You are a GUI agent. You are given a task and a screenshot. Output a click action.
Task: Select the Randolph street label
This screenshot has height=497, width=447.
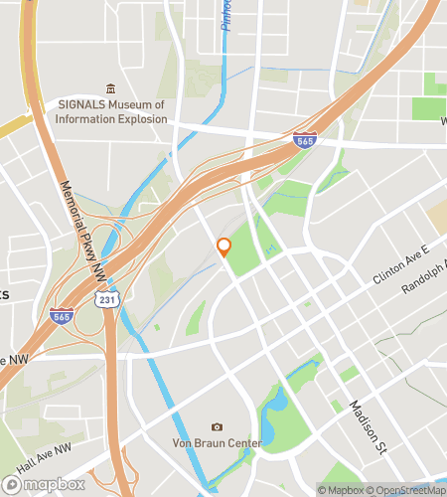(423, 281)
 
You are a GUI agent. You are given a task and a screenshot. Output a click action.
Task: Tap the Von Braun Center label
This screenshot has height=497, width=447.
(219, 442)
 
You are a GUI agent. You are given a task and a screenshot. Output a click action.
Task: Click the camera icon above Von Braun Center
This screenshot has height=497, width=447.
(218, 426)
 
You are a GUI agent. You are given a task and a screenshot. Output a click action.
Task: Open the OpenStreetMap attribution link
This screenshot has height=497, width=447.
(406, 490)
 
